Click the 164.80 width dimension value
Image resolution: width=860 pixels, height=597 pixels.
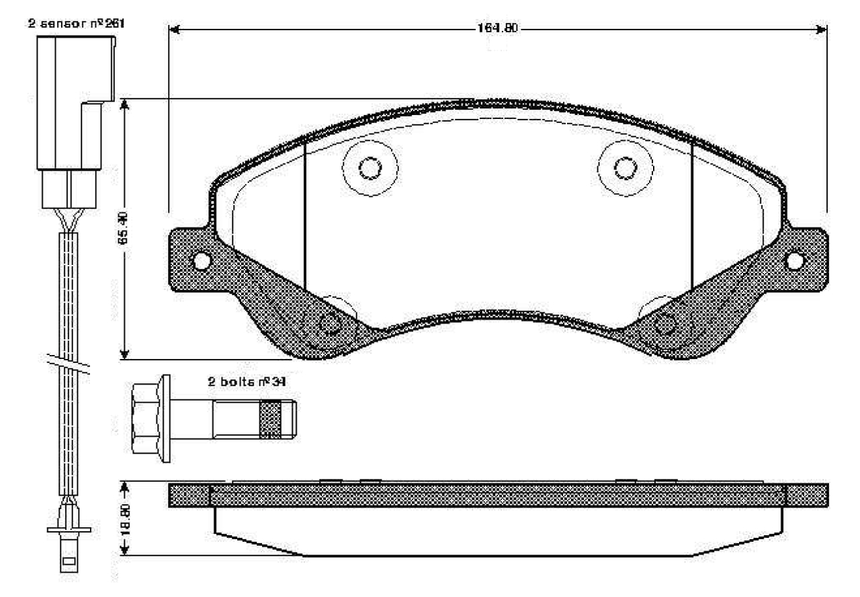coord(497,30)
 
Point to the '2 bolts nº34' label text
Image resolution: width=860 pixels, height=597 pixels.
coord(247,382)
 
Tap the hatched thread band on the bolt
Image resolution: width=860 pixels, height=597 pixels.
coord(270,419)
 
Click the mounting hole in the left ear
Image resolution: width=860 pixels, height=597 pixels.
coord(200,260)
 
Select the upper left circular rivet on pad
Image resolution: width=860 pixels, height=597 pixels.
coord(369,167)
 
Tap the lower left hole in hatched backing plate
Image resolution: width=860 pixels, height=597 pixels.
coord(331,325)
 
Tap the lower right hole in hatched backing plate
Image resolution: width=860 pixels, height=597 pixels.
coord(665,325)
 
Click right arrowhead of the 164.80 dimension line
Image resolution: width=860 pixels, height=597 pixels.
coord(821,30)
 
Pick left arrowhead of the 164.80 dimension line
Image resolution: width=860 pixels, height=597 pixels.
coord(173,30)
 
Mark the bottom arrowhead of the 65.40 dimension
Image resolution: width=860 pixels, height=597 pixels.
coord(124,354)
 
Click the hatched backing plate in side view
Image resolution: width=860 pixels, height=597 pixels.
coord(497,495)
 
